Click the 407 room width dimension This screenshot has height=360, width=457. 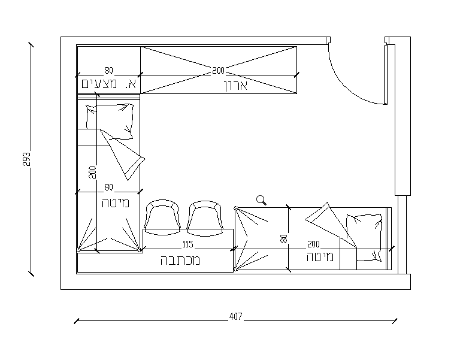235,316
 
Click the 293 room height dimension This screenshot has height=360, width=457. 26,159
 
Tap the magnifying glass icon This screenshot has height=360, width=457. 261,200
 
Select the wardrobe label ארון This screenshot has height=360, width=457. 236,86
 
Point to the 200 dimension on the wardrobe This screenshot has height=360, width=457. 218,71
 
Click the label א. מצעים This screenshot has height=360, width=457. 109,84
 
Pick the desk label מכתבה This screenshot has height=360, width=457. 180,261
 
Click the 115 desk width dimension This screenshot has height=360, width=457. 187,244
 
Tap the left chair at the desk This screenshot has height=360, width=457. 162,217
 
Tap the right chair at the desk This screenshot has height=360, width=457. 205,218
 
